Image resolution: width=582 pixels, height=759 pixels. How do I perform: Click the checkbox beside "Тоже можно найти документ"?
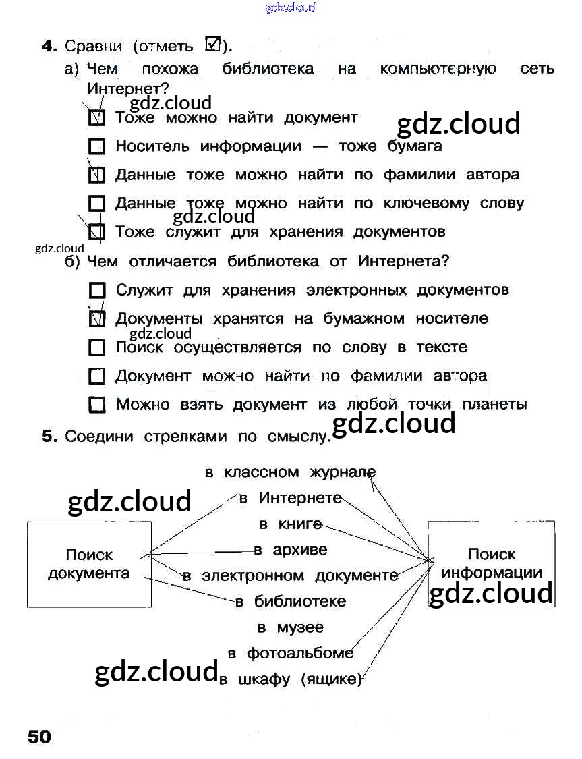[97, 118]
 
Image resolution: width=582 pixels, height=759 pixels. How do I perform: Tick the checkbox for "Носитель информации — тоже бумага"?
[97, 146]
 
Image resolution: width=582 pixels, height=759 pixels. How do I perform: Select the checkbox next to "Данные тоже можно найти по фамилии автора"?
[97, 175]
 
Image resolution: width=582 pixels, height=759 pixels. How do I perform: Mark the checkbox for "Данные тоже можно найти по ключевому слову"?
[97, 204]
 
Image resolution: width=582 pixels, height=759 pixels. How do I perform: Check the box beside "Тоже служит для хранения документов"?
[97, 233]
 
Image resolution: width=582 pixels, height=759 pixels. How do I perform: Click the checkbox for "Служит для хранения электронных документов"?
[97, 291]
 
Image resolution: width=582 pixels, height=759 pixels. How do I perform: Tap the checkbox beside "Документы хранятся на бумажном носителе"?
[97, 319]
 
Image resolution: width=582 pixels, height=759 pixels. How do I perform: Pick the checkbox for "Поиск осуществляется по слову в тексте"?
[97, 348]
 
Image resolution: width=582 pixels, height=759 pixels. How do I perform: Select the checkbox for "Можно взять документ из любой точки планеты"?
[97, 405]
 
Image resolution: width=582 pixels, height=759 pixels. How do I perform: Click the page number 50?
[40, 736]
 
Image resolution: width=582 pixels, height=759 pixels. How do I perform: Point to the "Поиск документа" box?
[88, 564]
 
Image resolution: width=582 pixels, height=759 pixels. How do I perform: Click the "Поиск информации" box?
[491, 563]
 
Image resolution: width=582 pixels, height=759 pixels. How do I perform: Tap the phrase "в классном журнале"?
[290, 473]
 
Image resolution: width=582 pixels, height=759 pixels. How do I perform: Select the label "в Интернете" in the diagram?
[291, 499]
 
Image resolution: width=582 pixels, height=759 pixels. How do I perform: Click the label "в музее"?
[291, 628]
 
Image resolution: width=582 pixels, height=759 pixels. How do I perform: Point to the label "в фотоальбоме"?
[291, 654]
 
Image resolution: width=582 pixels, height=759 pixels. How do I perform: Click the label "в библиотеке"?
[291, 602]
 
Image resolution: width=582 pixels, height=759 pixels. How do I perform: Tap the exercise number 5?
[49, 437]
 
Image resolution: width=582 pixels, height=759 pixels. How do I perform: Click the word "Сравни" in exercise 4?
[94, 47]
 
